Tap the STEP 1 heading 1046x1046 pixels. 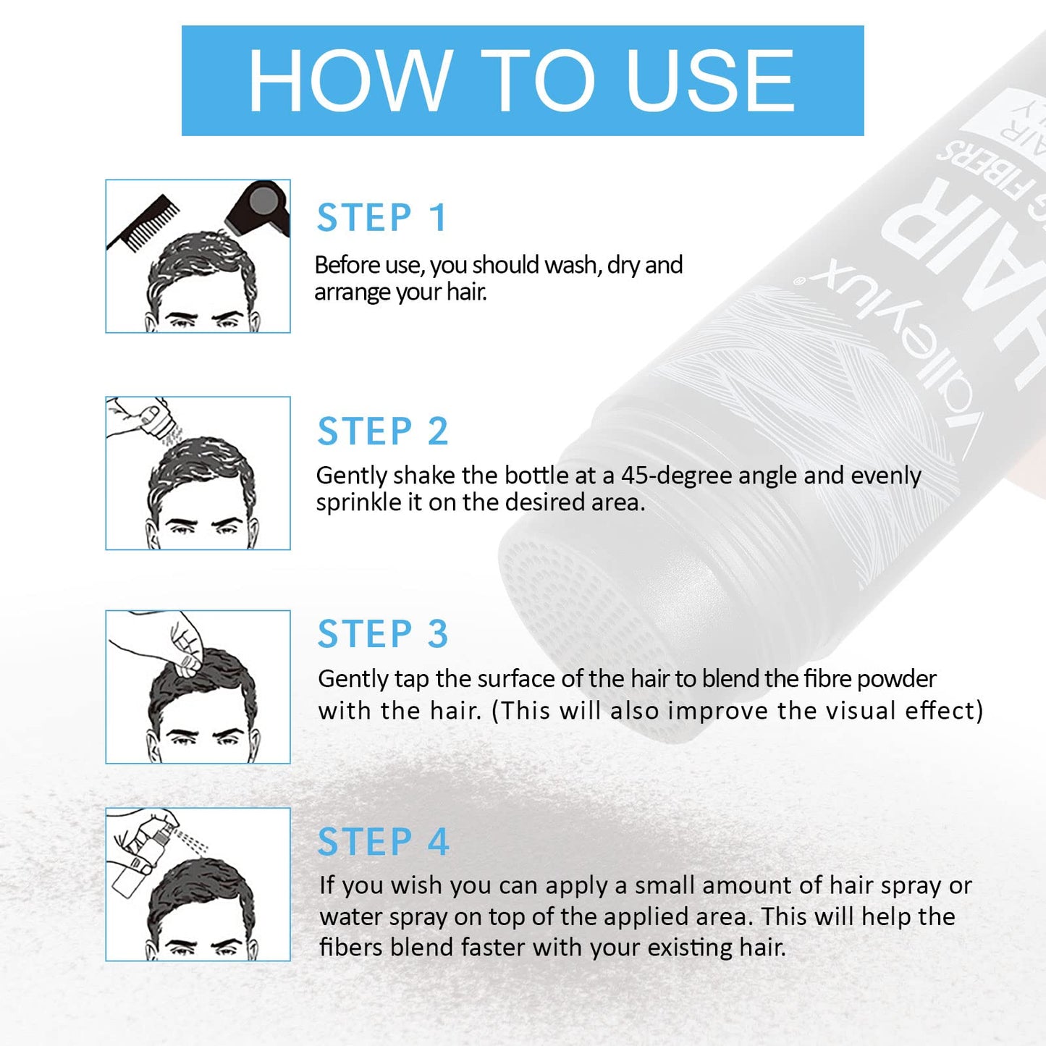(382, 218)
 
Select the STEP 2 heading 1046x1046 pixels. (383, 431)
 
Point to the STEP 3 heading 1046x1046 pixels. (383, 634)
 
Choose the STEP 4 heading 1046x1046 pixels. (383, 842)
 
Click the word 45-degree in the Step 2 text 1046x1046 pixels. (677, 476)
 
